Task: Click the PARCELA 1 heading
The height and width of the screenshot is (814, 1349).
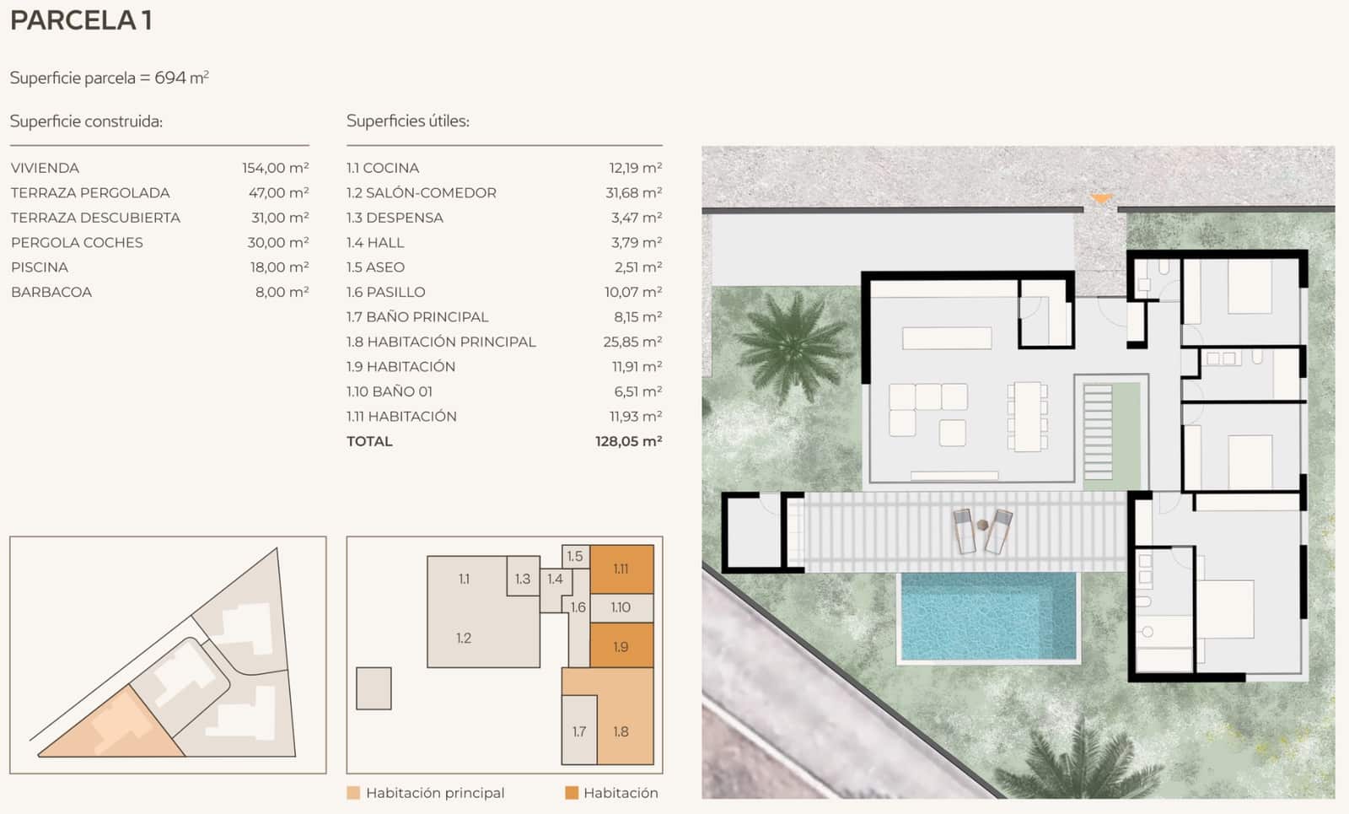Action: (81, 20)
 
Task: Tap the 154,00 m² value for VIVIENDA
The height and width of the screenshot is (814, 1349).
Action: (275, 168)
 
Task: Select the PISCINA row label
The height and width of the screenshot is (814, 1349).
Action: (40, 267)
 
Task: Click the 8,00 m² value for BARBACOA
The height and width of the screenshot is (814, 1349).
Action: (282, 292)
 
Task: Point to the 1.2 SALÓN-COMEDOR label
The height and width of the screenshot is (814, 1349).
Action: (421, 193)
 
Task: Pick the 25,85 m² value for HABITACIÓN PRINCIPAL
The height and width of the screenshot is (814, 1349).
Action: (632, 342)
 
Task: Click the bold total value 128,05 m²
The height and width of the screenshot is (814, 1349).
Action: (628, 441)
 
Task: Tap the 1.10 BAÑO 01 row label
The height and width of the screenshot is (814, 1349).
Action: (389, 391)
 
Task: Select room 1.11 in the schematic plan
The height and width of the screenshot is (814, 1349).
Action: (621, 569)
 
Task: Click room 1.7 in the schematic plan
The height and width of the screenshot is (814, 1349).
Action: (579, 731)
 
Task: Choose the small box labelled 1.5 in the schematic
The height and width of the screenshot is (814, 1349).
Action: (575, 556)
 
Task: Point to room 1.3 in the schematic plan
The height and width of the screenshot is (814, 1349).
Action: (523, 579)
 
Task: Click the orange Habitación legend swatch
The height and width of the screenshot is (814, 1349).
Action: (572, 793)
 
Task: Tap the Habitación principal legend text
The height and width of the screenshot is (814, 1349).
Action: (435, 793)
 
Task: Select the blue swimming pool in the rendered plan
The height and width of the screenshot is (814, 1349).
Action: (988, 616)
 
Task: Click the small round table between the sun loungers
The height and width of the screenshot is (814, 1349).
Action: (982, 526)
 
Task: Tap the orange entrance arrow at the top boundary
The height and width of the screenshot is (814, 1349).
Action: (1100, 199)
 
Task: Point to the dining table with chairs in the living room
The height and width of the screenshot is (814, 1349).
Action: (1027, 417)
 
